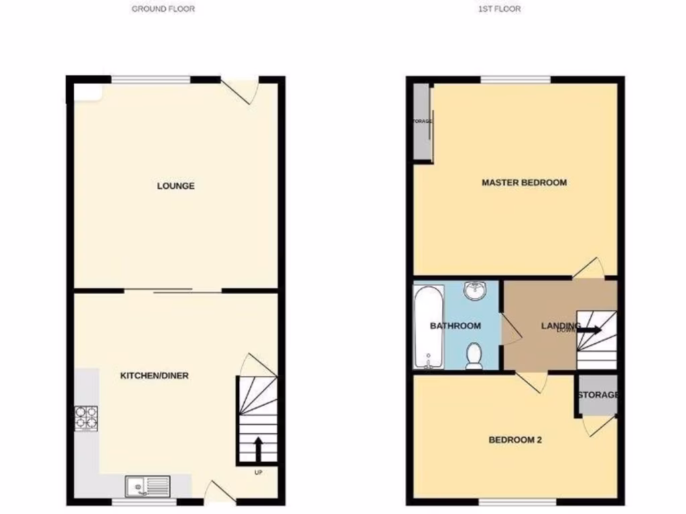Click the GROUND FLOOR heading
click(163, 9)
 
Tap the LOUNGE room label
click(176, 186)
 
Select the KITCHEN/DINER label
click(154, 376)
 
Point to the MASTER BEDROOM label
click(524, 183)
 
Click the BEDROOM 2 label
click(514, 440)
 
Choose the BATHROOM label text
click(456, 327)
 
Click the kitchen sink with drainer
click(148, 486)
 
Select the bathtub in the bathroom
click(428, 327)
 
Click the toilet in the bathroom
click(474, 355)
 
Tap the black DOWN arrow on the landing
click(590, 329)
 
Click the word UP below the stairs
click(258, 473)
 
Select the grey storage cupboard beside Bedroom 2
click(596, 396)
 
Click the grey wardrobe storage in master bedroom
click(422, 122)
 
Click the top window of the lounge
click(151, 80)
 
